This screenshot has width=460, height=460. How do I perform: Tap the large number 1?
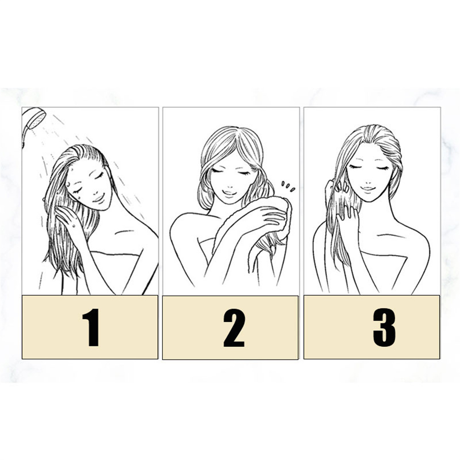point(91,327)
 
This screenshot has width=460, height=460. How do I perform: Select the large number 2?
point(234,328)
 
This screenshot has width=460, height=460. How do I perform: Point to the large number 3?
point(384,328)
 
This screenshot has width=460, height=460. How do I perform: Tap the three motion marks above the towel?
point(288,186)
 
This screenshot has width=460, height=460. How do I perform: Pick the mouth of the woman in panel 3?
point(368,188)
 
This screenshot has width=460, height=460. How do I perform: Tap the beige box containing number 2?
point(230,327)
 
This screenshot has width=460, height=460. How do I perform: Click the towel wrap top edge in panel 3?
point(383,255)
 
